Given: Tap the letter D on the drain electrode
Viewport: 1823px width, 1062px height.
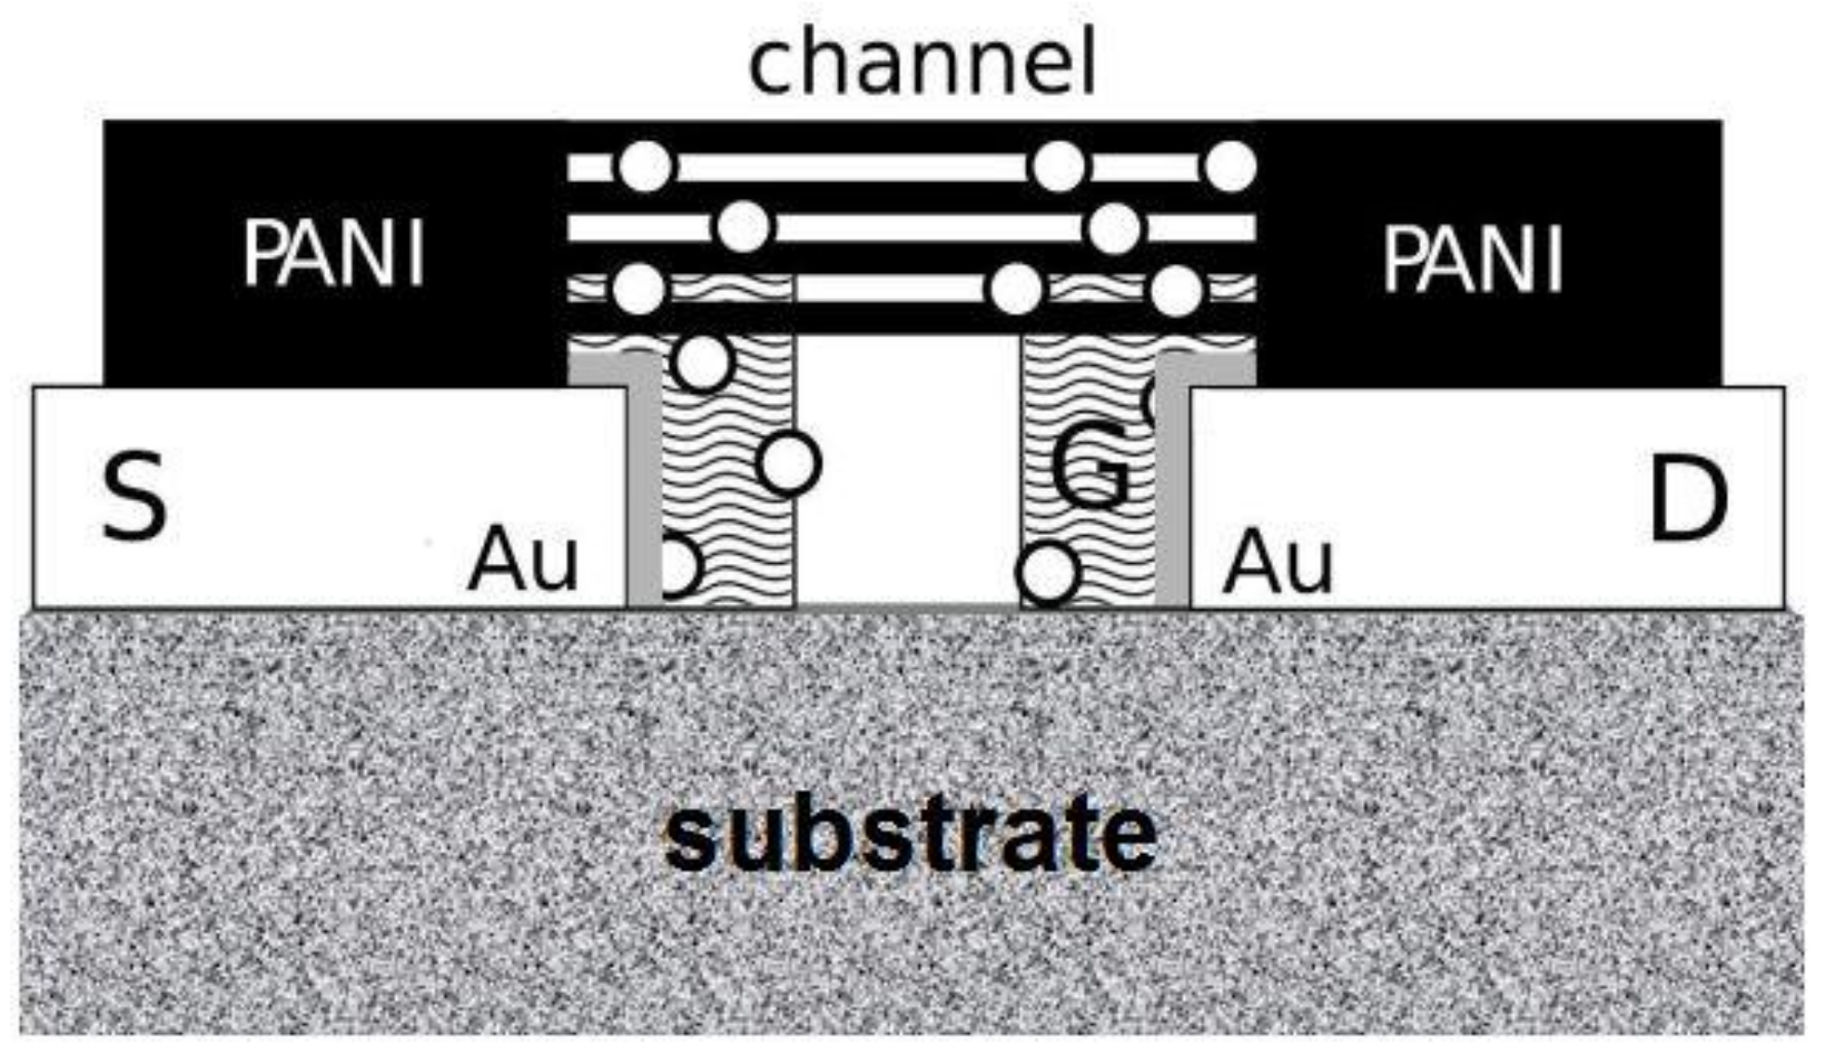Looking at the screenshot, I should (1687, 503).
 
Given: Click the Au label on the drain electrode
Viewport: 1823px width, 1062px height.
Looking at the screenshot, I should (1279, 562).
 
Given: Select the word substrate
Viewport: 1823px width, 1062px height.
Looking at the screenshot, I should (911, 833).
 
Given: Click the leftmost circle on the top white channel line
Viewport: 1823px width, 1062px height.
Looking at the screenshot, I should (645, 167).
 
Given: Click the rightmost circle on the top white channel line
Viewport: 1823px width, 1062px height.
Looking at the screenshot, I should (1230, 167).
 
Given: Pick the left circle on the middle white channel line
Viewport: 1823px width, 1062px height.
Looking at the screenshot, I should (743, 227).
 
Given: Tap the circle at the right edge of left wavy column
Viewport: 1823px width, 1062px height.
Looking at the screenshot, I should (790, 462).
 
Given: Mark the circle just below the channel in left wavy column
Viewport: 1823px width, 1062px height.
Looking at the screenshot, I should (702, 361).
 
